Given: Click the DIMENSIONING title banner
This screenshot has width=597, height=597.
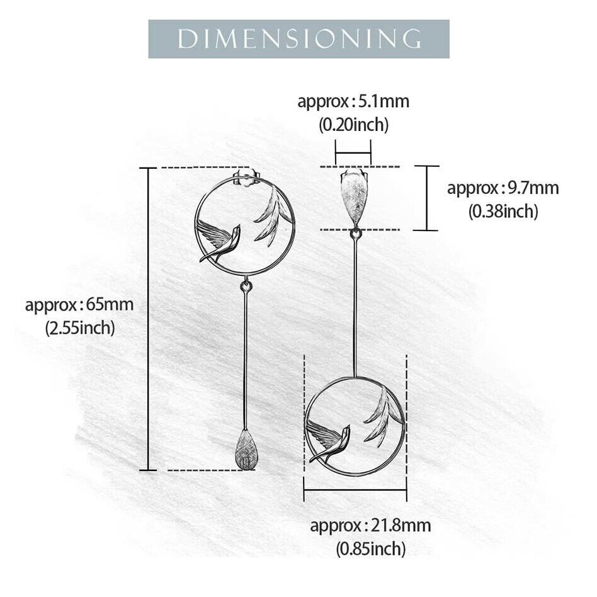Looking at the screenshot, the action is pos(298,39).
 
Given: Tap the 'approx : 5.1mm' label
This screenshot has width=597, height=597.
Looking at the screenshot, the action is pos(353,101).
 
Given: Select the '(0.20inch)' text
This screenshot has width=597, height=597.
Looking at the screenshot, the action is pos(353,125).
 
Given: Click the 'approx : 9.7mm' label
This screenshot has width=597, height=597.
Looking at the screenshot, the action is pos(503,188).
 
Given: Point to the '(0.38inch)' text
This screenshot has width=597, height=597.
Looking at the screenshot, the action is pos(503,212).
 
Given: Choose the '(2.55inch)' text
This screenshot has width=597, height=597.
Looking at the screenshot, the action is pos(79,327).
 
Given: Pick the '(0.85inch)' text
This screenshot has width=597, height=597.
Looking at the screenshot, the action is pos(370,549).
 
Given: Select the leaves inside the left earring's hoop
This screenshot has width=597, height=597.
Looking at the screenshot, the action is pos(272,218).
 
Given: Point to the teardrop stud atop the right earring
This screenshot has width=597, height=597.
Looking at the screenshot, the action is pos(354,193).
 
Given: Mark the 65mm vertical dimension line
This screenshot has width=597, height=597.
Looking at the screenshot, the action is pos(148,319).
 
